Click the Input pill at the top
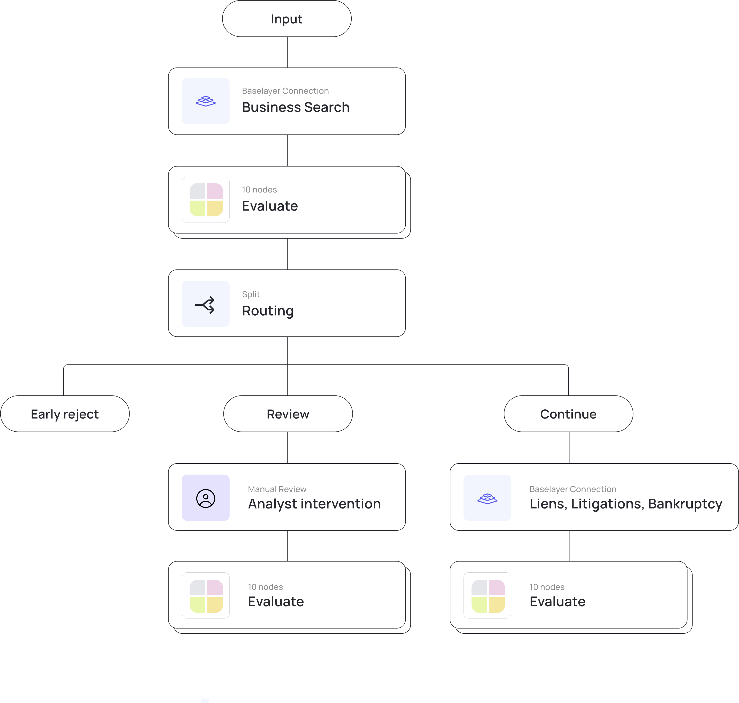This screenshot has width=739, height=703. tap(286, 19)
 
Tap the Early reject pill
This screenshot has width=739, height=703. tap(65, 414)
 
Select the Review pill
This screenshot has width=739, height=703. tap(288, 414)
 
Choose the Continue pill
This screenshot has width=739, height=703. tap(568, 414)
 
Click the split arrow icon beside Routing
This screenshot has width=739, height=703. tap(205, 304)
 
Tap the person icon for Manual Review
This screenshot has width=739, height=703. tap(206, 498)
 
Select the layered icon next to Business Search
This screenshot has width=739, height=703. tap(206, 101)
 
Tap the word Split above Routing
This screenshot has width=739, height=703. tap(251, 295)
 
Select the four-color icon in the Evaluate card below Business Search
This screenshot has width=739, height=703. tap(206, 200)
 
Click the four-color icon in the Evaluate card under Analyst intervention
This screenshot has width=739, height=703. tap(206, 596)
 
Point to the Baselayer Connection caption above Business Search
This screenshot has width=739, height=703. tap(285, 91)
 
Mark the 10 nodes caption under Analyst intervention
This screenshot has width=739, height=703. tap(265, 587)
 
